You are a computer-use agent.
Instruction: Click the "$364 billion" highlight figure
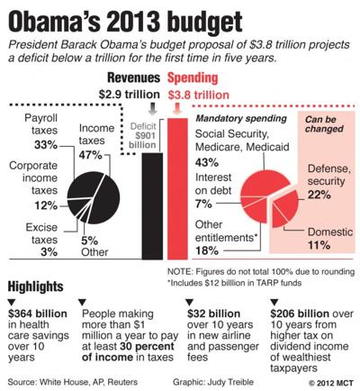coord(35,312)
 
